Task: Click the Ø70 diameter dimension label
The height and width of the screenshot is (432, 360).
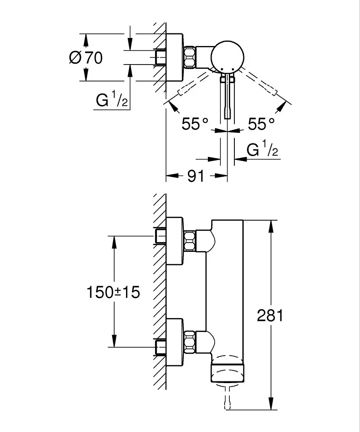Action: (86, 57)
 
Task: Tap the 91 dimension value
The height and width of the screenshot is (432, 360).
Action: (196, 176)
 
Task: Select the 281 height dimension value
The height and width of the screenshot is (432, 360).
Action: (270, 315)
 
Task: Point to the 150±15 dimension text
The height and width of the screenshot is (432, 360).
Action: (113, 292)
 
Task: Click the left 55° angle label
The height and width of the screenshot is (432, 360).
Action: (195, 124)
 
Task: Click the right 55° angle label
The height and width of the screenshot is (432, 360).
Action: (261, 124)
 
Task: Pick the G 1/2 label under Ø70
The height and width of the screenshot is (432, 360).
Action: (111, 100)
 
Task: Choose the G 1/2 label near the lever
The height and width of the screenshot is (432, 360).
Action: (262, 149)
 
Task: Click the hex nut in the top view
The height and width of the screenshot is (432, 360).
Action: (190, 57)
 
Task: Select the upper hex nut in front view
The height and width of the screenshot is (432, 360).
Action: (190, 240)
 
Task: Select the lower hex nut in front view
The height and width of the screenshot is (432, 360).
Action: (190, 342)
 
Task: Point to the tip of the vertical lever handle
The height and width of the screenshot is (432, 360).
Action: (227, 119)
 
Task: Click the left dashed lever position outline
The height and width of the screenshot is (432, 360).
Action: (193, 83)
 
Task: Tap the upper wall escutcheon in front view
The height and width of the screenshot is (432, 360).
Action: (175, 241)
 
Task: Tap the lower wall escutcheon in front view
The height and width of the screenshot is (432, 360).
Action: (175, 342)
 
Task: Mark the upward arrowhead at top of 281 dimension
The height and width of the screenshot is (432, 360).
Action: (271, 226)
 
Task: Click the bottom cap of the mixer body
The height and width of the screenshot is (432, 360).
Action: (227, 373)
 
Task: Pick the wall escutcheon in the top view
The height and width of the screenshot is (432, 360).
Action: (175, 57)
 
